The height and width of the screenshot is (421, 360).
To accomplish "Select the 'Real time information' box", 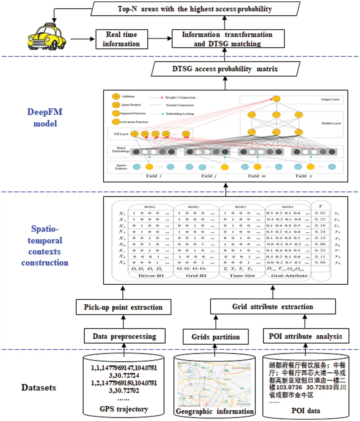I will pyautogui.click(x=122, y=39).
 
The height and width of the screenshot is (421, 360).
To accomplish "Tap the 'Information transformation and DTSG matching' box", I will pyautogui.click(x=228, y=39).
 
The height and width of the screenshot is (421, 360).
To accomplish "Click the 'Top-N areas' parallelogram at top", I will pyautogui.click(x=195, y=9).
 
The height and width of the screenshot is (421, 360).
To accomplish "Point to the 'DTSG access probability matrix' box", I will pyautogui.click(x=225, y=69).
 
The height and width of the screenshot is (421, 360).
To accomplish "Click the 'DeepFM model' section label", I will pyautogui.click(x=45, y=117).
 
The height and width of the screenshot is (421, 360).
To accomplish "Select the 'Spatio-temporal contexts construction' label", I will pyautogui.click(x=45, y=246).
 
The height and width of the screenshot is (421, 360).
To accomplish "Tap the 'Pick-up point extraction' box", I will pyautogui.click(x=123, y=307).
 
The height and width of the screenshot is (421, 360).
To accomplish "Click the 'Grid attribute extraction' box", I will pyautogui.click(x=272, y=307).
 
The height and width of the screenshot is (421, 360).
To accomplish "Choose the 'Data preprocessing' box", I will pyautogui.click(x=124, y=336).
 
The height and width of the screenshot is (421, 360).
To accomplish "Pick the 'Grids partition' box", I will pyautogui.click(x=215, y=337).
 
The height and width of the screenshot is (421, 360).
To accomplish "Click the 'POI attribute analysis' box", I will pyautogui.click(x=306, y=336).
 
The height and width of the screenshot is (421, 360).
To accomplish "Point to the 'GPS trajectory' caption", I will pyautogui.click(x=124, y=409).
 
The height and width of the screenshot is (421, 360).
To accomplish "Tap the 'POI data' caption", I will pyautogui.click(x=306, y=411).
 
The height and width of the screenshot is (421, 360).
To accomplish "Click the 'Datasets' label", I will pyautogui.click(x=39, y=388).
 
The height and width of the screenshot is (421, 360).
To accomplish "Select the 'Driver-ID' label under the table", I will pyautogui.click(x=151, y=276).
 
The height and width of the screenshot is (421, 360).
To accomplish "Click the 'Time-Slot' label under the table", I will pyautogui.click(x=242, y=276).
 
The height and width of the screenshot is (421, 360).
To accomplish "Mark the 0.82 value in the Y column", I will pyautogui.click(x=320, y=213).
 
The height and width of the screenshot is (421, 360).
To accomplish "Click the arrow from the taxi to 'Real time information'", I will pyautogui.click(x=82, y=39).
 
